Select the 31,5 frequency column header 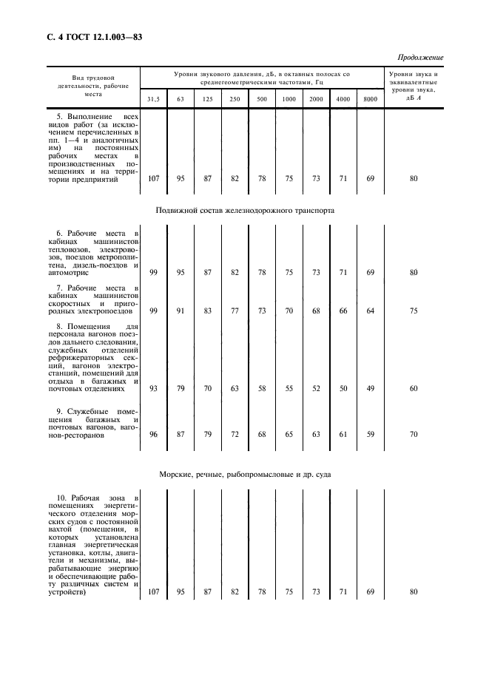pos(153,99)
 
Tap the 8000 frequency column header pos(370,99)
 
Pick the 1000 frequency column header pos(289,99)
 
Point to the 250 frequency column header pos(235,99)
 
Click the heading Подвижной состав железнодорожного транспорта pos(245,210)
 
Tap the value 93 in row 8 pos(153,388)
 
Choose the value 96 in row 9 pos(153,435)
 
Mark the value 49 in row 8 pos(370,388)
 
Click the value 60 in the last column pos(414,388)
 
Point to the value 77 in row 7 pos(235,311)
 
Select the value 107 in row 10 pos(153,591)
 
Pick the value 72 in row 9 pos(235,435)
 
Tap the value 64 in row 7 pos(370,311)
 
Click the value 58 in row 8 pos(262,388)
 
